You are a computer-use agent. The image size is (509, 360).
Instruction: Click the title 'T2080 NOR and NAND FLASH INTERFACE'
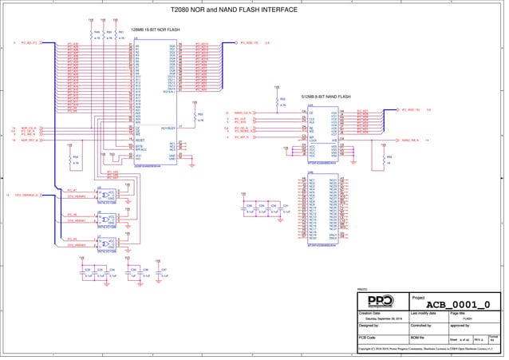pyautogui.click(x=234, y=10)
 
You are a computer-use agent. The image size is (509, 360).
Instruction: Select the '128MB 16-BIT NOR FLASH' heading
pyautogui.click(x=156, y=30)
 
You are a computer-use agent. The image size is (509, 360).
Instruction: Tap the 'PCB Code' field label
pyautogui.click(x=368, y=338)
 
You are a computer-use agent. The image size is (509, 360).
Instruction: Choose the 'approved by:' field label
pyautogui.click(x=462, y=326)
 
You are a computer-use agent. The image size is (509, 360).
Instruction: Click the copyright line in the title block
pyautogui.click(x=427, y=349)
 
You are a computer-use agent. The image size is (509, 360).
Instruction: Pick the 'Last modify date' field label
pyautogui.click(x=424, y=314)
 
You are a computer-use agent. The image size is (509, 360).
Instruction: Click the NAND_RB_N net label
pyautogui.click(x=410, y=140)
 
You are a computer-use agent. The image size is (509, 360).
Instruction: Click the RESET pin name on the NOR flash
pyautogui.click(x=139, y=139)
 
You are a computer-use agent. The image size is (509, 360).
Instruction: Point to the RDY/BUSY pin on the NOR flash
pyautogui.click(x=168, y=127)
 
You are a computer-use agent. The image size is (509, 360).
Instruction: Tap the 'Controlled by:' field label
pyautogui.click(x=420, y=326)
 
